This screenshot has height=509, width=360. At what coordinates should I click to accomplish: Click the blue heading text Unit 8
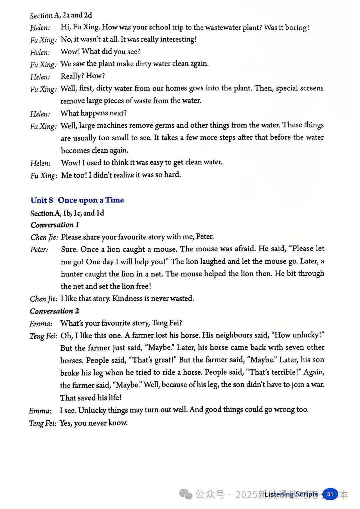tap(42, 200)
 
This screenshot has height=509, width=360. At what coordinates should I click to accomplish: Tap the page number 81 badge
tap(330, 494)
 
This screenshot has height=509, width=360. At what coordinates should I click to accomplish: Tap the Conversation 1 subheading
tap(55, 225)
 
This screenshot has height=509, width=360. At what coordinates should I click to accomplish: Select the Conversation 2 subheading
tap(55, 311)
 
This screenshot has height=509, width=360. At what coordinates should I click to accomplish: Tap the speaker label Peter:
tap(39, 249)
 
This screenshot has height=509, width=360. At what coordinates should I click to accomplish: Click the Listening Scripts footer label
tap(291, 494)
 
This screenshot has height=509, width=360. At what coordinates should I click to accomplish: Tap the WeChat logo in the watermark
tap(186, 494)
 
